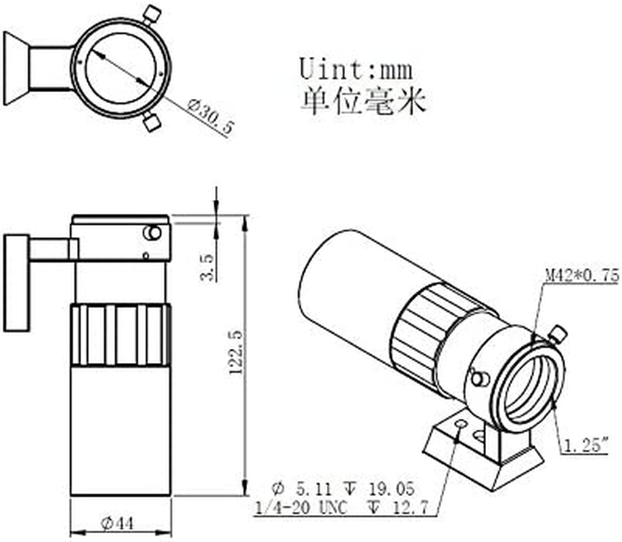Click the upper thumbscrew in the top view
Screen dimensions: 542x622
(x=153, y=13)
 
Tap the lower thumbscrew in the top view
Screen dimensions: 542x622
(x=152, y=122)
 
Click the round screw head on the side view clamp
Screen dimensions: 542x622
(x=152, y=233)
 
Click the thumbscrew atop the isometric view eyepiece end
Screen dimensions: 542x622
(x=558, y=333)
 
